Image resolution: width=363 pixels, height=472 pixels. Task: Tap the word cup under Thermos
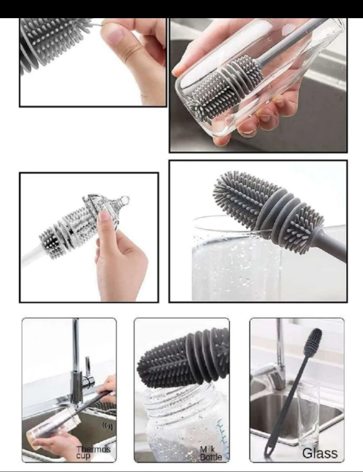click(x=83, y=456)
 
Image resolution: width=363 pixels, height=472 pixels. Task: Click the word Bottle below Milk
click(x=211, y=457)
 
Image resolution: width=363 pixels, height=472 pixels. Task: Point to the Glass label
click(x=319, y=453)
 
